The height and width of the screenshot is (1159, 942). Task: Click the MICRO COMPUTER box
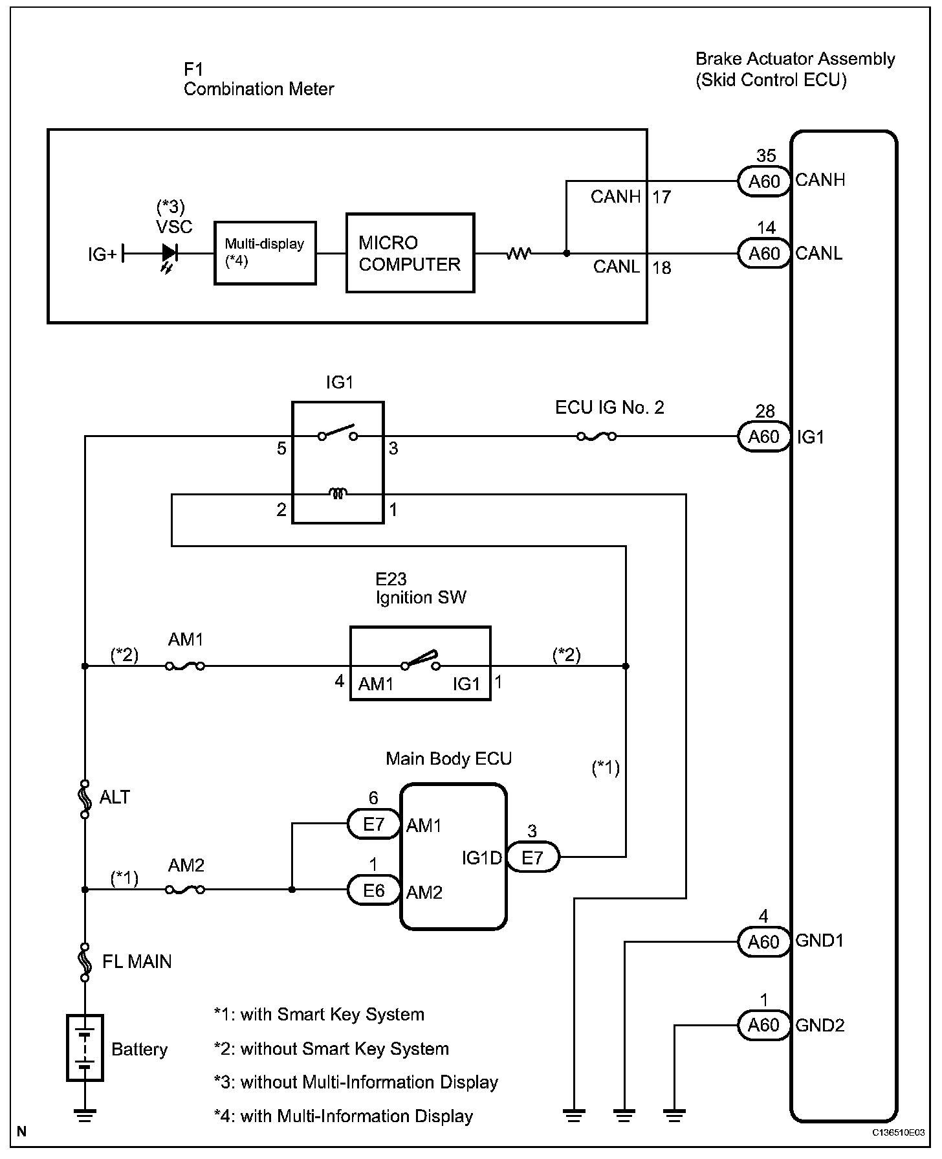pos(410,253)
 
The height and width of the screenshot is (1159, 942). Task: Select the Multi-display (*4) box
pos(265,253)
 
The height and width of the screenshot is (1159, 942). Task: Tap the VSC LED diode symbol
pos(170,253)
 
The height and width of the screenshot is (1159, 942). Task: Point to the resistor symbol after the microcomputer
pos(518,253)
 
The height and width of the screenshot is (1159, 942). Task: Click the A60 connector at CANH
pos(764,182)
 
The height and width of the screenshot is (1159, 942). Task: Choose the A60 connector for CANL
pos(764,254)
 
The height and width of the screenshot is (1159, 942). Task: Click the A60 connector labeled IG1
pos(764,437)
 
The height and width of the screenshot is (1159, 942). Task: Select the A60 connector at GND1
pos(764,942)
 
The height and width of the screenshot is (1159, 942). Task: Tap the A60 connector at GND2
pos(764,1026)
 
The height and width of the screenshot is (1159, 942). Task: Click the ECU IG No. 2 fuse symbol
pos(596,437)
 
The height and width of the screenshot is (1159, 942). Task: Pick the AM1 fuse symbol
pos(186,666)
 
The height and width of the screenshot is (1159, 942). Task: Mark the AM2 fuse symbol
pos(186,890)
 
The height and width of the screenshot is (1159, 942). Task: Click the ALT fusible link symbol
pos(85,798)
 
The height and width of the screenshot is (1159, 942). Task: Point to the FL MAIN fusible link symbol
pos(85,962)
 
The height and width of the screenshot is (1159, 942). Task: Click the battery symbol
pos(85,1048)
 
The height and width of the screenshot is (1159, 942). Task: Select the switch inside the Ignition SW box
pos(421,660)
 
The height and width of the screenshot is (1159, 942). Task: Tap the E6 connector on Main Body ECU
pos(374,891)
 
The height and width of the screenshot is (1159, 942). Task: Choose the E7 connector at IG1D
pos(532,858)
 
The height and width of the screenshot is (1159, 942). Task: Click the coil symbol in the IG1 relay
pos(338,494)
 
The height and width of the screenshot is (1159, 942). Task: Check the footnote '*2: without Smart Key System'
pos(331,1049)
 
